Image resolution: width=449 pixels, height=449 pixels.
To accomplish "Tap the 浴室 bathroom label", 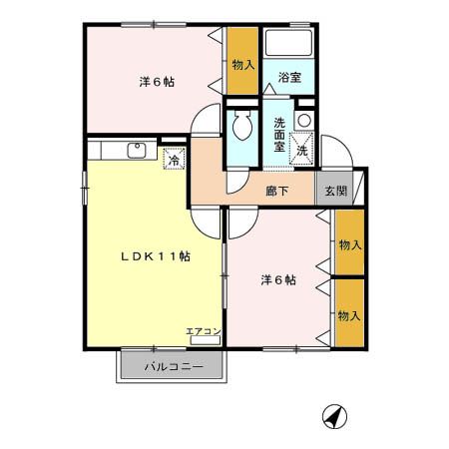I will click(x=289, y=77).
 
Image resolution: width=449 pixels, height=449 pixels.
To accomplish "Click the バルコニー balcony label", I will click(x=174, y=367).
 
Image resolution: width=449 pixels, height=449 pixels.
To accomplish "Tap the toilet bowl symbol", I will click(x=240, y=127).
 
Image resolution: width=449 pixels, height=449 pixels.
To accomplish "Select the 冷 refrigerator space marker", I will click(x=174, y=157).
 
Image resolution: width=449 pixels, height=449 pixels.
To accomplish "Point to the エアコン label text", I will click(x=203, y=330).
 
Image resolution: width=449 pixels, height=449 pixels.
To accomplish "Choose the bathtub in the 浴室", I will click(x=289, y=43).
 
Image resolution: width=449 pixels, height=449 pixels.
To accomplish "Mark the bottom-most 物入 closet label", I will click(x=348, y=315).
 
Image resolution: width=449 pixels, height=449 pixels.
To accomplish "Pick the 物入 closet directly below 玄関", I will click(x=348, y=245).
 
